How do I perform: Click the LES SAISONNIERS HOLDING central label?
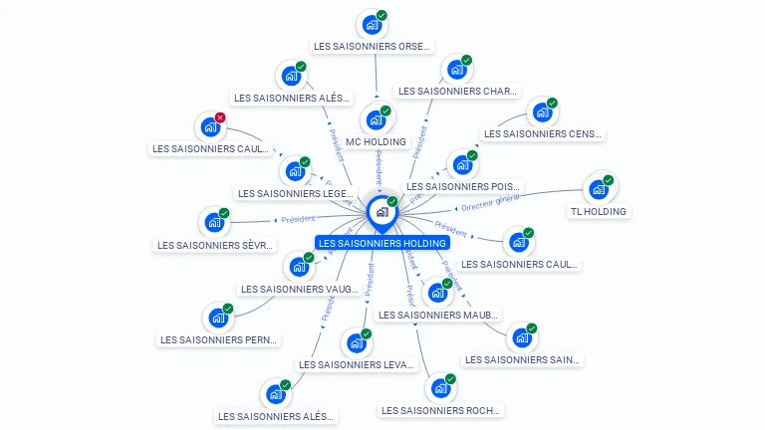click(382, 243)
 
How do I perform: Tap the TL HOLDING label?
click(598, 211)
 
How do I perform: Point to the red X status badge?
click(220, 117)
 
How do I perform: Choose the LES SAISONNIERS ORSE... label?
click(372, 46)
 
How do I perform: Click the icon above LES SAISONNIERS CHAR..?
click(455, 70)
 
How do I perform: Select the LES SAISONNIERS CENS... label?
click(543, 133)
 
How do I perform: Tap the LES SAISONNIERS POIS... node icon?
click(461, 165)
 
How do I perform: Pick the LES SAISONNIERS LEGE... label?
click(295, 193)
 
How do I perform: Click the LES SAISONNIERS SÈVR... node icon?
click(213, 223)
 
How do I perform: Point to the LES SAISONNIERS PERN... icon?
click(216, 319)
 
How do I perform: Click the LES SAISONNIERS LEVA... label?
click(356, 364)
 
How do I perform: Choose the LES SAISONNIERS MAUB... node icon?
click(436, 293)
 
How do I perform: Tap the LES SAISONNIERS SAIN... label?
click(523, 359)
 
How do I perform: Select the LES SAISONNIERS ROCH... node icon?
click(439, 389)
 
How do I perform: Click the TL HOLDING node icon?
click(598, 189)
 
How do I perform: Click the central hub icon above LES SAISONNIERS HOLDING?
click(382, 212)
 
